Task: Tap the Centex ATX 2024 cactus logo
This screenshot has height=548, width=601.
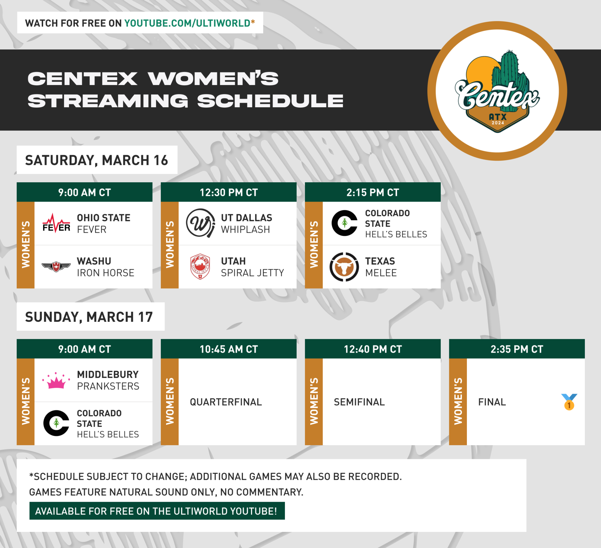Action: click(x=497, y=91)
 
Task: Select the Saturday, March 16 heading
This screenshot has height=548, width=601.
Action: click(x=97, y=160)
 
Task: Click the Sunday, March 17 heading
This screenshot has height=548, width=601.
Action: click(x=89, y=317)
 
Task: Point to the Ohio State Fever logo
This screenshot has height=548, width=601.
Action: click(x=56, y=223)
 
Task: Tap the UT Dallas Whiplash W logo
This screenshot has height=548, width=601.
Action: click(x=200, y=223)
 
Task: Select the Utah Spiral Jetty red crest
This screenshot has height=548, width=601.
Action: click(x=200, y=266)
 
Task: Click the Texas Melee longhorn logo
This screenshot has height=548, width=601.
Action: click(x=344, y=267)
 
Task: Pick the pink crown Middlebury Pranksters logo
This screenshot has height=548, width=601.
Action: click(x=56, y=380)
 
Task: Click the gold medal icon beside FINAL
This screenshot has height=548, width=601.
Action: click(x=569, y=402)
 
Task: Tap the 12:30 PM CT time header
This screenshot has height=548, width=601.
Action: click(x=229, y=192)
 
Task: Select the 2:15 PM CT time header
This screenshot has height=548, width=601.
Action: click(x=373, y=192)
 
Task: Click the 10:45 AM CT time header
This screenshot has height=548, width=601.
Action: click(x=229, y=349)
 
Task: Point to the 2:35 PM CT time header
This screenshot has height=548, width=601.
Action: click(x=517, y=349)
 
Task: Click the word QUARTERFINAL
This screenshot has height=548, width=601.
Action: click(x=226, y=402)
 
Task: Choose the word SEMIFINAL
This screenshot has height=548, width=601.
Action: click(x=359, y=402)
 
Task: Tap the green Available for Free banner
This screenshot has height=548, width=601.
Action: click(x=157, y=511)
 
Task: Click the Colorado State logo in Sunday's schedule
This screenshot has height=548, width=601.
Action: click(x=56, y=423)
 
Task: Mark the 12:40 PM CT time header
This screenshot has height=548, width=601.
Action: click(x=373, y=349)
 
